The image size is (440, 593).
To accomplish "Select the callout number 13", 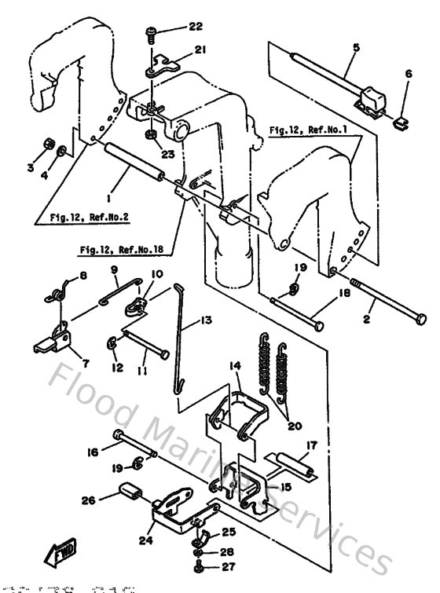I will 206,320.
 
